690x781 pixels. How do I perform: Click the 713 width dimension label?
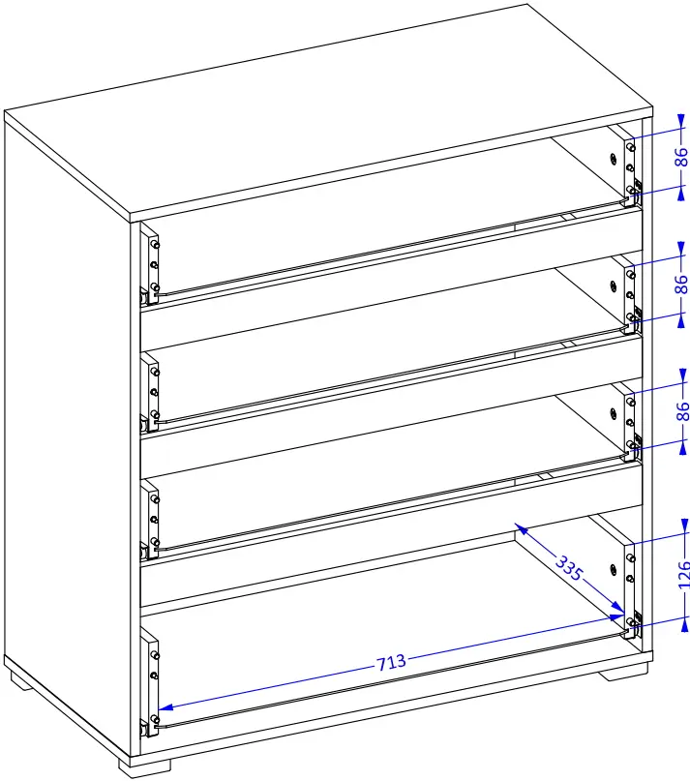pos(391,662)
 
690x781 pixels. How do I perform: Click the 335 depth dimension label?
pos(568,568)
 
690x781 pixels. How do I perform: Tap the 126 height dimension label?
pos(683,575)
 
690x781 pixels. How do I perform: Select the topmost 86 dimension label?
pos(682,157)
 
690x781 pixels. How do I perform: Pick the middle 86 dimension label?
pos(682,284)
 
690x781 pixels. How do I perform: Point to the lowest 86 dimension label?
pos(682,410)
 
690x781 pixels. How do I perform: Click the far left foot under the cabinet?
pos(21,681)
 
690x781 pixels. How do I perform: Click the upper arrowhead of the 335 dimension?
pos(520,529)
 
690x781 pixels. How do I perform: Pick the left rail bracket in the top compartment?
pos(150,264)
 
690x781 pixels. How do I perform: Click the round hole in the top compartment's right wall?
pos(614,159)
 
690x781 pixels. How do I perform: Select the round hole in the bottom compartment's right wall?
pos(614,569)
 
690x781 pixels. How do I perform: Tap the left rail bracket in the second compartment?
pos(150,392)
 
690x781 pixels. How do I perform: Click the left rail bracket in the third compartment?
pos(150,519)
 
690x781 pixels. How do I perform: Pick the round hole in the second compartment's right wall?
pos(614,286)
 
